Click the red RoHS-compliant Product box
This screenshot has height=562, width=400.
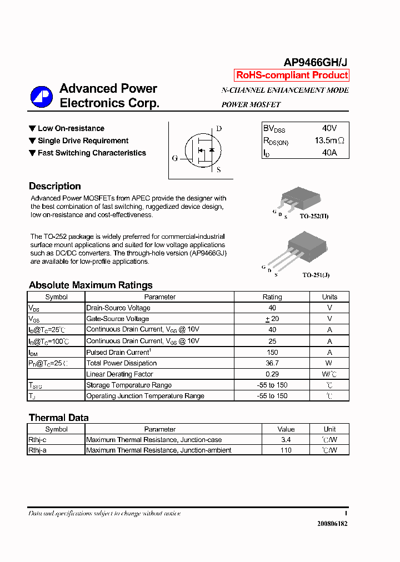pos(292,75)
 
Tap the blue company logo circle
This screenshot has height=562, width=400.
pos(41,97)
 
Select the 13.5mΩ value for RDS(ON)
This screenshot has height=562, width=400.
pos(329,141)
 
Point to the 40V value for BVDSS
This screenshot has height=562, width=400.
pos(329,128)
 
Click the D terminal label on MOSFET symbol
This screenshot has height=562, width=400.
pos(219,129)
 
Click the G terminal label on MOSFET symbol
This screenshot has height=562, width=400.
pos(175,158)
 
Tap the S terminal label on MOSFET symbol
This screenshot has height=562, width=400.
pos(219,170)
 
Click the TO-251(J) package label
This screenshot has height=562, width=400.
pos(316,275)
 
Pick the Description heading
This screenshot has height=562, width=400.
pos(55,187)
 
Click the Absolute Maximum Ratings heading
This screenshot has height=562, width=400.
pos(91,285)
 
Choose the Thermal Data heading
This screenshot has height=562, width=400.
pos(58,418)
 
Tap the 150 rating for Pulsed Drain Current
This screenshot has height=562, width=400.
pos(272,352)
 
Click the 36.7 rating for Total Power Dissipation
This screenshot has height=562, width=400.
pos(272,363)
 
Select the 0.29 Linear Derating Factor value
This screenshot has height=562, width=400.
pos(272,374)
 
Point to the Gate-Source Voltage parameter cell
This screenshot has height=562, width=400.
pos(118,319)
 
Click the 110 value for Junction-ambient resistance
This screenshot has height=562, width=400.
pos(286,450)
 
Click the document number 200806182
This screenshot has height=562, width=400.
pos(332,524)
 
